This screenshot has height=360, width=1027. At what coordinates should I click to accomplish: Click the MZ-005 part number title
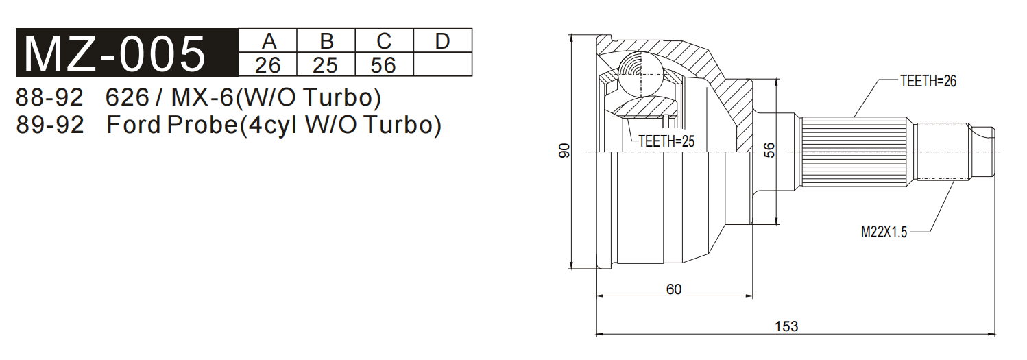click(114, 53)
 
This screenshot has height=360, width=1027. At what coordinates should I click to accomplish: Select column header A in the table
click(269, 41)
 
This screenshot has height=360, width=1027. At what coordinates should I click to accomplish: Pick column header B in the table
click(326, 41)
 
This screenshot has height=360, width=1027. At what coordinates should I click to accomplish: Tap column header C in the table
click(385, 41)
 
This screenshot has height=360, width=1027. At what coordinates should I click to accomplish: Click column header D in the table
click(443, 41)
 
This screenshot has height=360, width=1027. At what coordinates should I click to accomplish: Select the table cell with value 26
click(269, 65)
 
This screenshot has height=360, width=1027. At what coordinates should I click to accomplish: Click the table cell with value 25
click(326, 65)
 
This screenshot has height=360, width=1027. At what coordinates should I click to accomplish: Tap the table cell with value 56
click(385, 65)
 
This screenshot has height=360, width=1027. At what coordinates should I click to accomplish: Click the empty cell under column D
click(443, 65)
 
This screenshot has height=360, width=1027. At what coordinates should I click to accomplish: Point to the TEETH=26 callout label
click(928, 81)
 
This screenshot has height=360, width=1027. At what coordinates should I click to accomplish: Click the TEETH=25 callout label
click(666, 141)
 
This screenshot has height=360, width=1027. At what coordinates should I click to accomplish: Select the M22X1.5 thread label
click(884, 232)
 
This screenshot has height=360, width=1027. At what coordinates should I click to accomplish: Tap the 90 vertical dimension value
click(564, 151)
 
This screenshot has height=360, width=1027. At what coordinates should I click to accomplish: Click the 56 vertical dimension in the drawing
click(769, 151)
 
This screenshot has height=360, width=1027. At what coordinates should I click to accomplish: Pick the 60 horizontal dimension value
click(674, 289)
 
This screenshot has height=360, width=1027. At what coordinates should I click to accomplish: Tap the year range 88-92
click(49, 97)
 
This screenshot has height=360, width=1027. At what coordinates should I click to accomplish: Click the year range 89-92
click(49, 125)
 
